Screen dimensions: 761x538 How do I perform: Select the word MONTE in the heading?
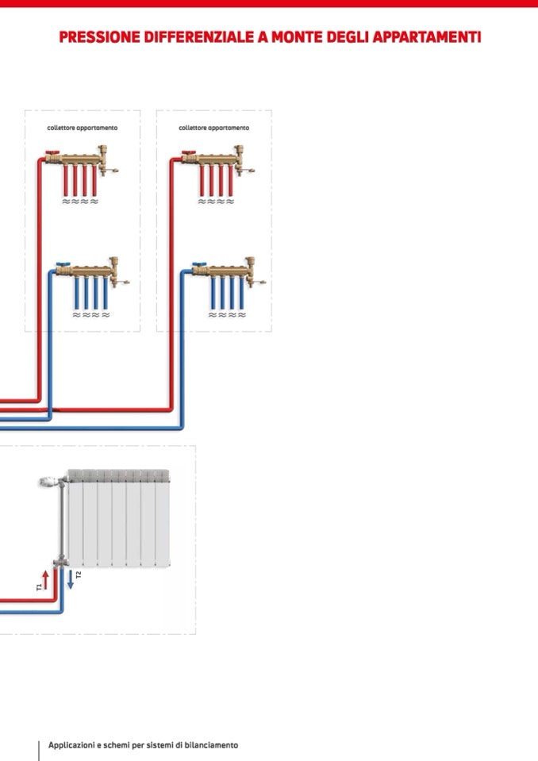pos(293,37)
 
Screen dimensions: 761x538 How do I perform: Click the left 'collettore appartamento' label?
pos(83,128)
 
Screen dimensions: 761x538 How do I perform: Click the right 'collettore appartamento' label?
pos(213,128)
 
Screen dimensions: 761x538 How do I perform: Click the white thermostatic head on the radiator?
pos(48,481)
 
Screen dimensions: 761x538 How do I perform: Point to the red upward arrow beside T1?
pos(45,578)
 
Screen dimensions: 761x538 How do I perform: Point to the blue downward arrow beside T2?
pos(70,578)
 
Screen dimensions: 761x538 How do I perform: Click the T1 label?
pos(38,586)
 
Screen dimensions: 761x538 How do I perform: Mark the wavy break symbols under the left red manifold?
pos(79,202)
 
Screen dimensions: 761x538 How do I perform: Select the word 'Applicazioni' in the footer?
pos(71,745)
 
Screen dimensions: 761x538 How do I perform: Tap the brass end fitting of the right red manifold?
pos(240,156)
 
